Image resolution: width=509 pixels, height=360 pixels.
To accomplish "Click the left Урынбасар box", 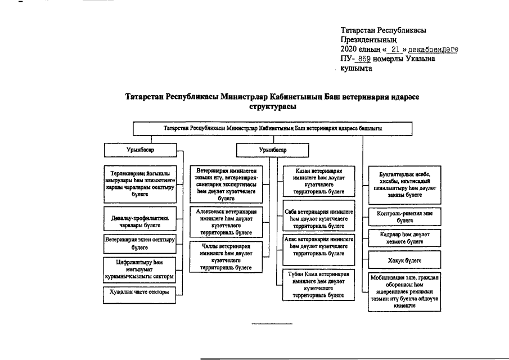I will tap(140, 150).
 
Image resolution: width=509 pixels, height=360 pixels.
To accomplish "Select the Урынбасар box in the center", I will tap(272, 150).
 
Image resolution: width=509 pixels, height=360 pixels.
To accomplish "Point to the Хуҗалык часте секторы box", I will tap(140, 292).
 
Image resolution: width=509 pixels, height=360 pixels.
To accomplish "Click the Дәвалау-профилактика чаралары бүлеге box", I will tap(140, 220).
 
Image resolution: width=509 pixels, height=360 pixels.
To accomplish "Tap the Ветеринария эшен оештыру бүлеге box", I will tap(140, 243).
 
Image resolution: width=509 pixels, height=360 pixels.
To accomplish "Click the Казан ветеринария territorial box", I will tap(318, 180).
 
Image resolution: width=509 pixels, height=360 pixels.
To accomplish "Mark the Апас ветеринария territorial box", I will tap(318, 246).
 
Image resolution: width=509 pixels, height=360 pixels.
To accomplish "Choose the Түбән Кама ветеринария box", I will tap(318, 284).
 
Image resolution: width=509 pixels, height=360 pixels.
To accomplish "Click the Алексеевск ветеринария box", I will tap(226, 221).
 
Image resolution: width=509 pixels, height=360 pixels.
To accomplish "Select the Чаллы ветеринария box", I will tap(226, 257).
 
